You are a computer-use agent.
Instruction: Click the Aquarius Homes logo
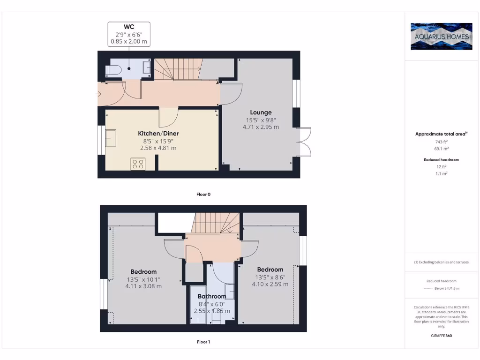[x=441, y=36]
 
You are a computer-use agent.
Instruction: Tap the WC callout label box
[x=129, y=34]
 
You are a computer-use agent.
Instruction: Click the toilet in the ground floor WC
[x=113, y=70]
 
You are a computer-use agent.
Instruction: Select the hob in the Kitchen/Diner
[x=138, y=164]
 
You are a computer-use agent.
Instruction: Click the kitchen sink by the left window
[x=111, y=139]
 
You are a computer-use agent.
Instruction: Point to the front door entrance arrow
[x=98, y=95]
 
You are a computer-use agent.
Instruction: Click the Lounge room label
[x=261, y=112]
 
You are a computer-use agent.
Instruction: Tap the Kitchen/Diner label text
[x=158, y=134]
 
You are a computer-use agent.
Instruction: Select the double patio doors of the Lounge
[x=305, y=142]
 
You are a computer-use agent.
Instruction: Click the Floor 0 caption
[x=203, y=194]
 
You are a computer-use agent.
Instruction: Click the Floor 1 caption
[x=203, y=342]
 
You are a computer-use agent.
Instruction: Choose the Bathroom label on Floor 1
[x=212, y=296]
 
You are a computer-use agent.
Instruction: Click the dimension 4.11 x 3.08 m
[x=143, y=286]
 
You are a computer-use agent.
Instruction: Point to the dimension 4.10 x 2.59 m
[x=270, y=284]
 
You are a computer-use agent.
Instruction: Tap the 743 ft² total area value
[x=441, y=142]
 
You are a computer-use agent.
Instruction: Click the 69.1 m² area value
[x=441, y=149]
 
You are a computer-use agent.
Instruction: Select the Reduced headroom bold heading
[x=441, y=160]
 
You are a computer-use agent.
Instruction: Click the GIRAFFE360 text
[x=441, y=336]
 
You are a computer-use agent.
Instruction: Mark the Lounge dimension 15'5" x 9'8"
[x=261, y=120]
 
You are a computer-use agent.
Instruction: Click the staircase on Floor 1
[x=213, y=222]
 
